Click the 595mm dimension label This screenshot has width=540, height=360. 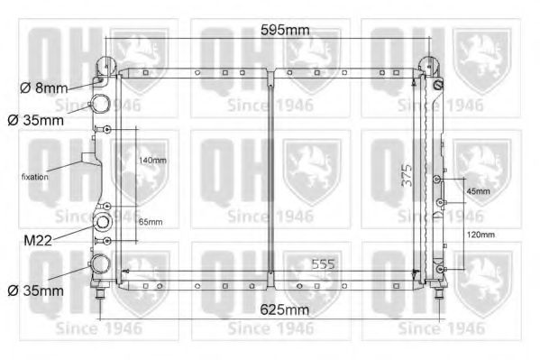tap(285, 30)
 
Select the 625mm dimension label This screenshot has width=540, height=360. tap(285, 309)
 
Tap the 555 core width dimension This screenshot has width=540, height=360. tap(323, 264)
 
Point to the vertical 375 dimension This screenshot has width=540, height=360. tap(407, 175)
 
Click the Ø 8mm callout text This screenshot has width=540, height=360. tap(44, 88)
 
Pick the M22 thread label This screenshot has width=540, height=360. tap(38, 240)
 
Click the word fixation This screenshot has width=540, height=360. tap(35, 177)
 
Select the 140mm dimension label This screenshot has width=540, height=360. tap(152, 161)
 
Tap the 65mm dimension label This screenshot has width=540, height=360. tap(151, 222)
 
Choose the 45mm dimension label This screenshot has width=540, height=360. tap(479, 191)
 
